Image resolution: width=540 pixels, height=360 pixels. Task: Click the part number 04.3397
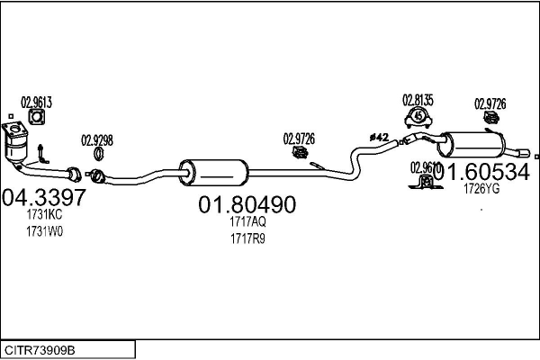click(x=44, y=197)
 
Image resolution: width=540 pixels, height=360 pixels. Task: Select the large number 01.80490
click(x=247, y=205)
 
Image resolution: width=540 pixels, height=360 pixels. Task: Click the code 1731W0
click(x=45, y=231)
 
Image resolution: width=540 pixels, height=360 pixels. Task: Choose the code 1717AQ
click(x=247, y=221)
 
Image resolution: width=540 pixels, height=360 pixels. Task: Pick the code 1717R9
click(x=247, y=238)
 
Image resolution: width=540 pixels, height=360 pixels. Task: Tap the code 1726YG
click(x=481, y=189)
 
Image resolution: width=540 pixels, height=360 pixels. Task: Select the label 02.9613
click(x=36, y=102)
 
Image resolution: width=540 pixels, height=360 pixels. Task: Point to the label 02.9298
click(x=97, y=139)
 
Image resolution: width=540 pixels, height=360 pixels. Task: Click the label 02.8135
click(x=418, y=99)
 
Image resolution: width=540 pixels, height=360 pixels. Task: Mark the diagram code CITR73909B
click(x=40, y=348)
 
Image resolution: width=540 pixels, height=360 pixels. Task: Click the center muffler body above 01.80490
click(x=214, y=171)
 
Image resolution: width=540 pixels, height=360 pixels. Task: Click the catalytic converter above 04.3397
click(x=19, y=145)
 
